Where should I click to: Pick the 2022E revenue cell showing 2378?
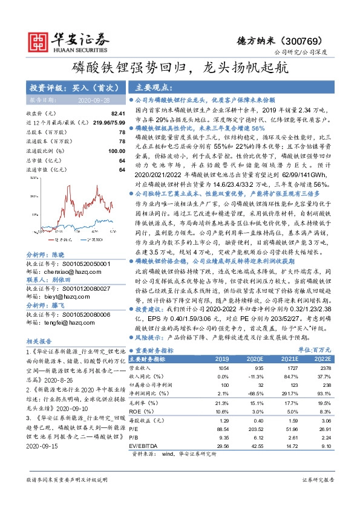(x=325, y=368)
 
